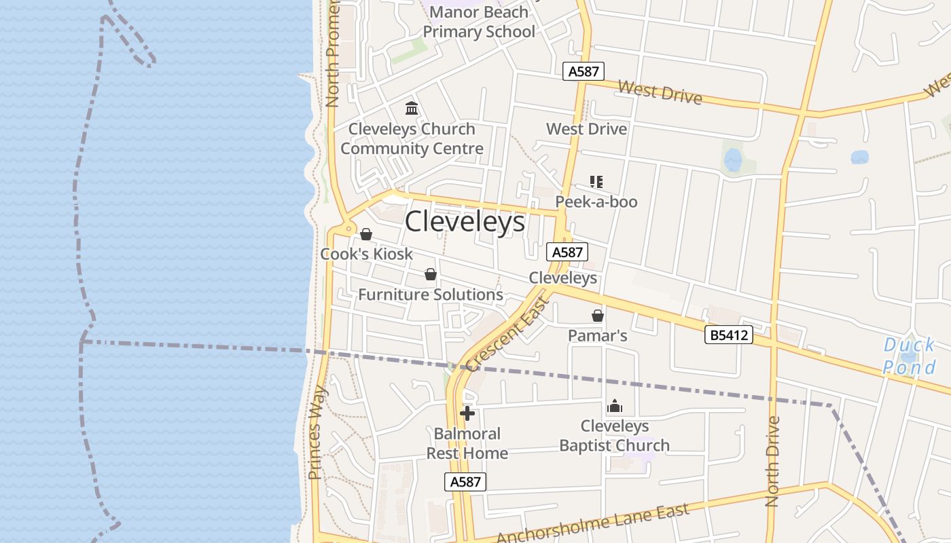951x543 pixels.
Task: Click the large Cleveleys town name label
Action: (x=465, y=222)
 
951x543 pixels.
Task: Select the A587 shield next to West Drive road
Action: (x=584, y=71)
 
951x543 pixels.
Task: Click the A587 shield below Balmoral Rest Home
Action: (x=466, y=482)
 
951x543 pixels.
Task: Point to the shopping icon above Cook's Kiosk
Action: (x=366, y=234)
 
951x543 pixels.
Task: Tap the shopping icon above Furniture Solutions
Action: (x=430, y=274)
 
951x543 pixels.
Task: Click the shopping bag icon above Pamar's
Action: (x=598, y=316)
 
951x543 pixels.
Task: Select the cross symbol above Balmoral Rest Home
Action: (x=467, y=413)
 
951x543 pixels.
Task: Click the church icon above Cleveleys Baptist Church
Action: (x=615, y=407)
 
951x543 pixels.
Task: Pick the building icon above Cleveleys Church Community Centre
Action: (x=412, y=109)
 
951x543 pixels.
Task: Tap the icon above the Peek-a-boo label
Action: (x=596, y=182)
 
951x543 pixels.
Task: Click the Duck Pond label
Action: (x=910, y=356)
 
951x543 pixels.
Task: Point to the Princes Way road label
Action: (x=318, y=432)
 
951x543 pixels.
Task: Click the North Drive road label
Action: (x=772, y=462)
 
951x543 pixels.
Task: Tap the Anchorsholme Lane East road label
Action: (x=593, y=524)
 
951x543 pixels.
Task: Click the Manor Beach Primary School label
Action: (x=479, y=22)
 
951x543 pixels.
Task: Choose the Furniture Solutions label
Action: (x=431, y=295)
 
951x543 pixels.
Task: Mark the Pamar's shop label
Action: (x=598, y=336)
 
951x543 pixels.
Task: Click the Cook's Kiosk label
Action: (x=367, y=254)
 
